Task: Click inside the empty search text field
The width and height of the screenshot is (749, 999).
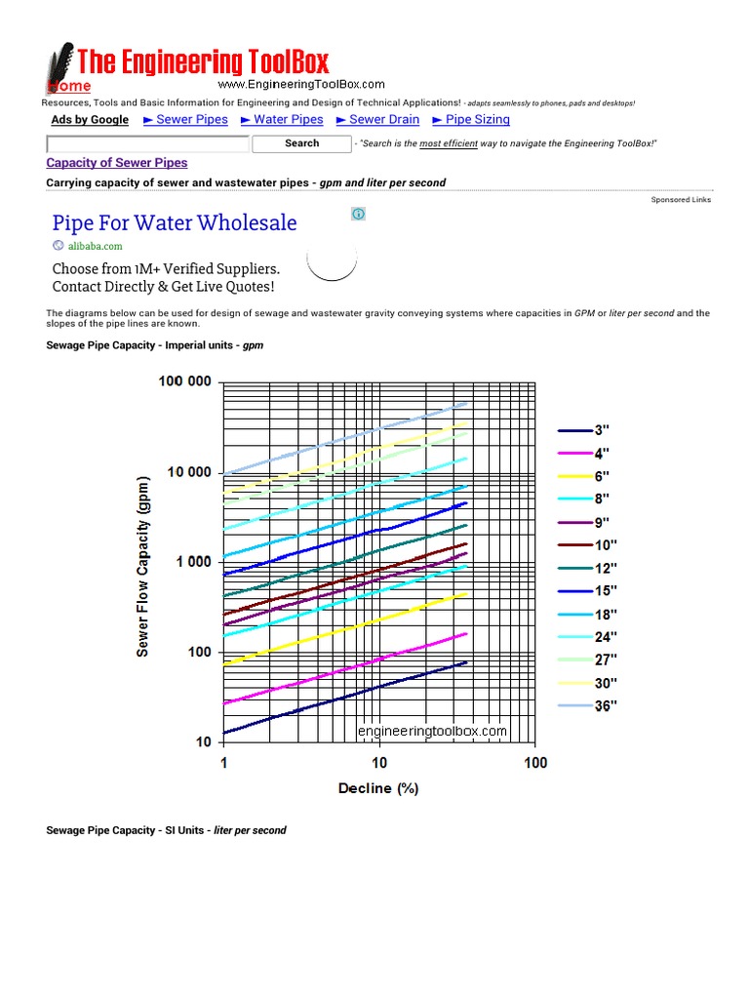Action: [x=147, y=143]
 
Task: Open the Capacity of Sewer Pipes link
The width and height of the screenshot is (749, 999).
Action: [x=117, y=163]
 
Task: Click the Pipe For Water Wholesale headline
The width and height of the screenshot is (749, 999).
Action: [x=175, y=222]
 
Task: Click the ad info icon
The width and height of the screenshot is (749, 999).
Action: [x=358, y=214]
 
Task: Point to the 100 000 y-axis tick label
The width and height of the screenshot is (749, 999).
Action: [x=184, y=381]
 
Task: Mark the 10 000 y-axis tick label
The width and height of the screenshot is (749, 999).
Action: [x=188, y=472]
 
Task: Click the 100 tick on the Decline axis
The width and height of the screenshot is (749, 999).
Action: [x=534, y=763]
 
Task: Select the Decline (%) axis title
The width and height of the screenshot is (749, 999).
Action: [x=378, y=788]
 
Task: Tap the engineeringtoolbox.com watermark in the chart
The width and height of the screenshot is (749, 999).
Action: [x=432, y=731]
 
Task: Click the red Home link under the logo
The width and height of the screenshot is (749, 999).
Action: [x=69, y=86]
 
